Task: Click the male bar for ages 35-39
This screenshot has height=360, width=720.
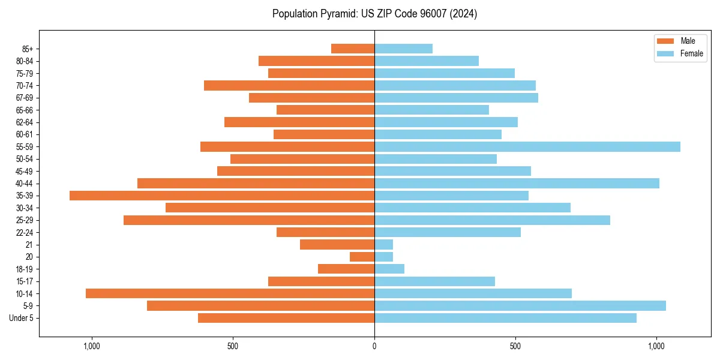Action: click(222, 196)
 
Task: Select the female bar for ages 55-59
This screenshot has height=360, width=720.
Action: click(527, 146)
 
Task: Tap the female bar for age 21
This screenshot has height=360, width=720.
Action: click(383, 244)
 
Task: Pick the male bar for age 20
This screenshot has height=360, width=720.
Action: click(362, 257)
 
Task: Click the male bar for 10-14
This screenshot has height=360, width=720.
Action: click(230, 293)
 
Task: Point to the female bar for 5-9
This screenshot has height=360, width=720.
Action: click(520, 305)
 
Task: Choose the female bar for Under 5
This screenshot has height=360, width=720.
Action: click(505, 318)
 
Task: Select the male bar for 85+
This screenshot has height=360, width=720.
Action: click(353, 49)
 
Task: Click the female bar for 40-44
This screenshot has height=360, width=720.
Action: click(517, 183)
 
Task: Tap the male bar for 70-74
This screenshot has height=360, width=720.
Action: click(289, 85)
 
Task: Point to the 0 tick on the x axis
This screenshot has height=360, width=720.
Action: click(374, 346)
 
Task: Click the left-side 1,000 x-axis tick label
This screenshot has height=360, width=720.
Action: click(92, 346)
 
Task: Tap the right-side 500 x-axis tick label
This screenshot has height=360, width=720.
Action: click(515, 346)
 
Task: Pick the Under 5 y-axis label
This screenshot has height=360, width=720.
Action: click(21, 318)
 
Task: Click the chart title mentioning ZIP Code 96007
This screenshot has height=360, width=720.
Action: click(374, 14)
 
